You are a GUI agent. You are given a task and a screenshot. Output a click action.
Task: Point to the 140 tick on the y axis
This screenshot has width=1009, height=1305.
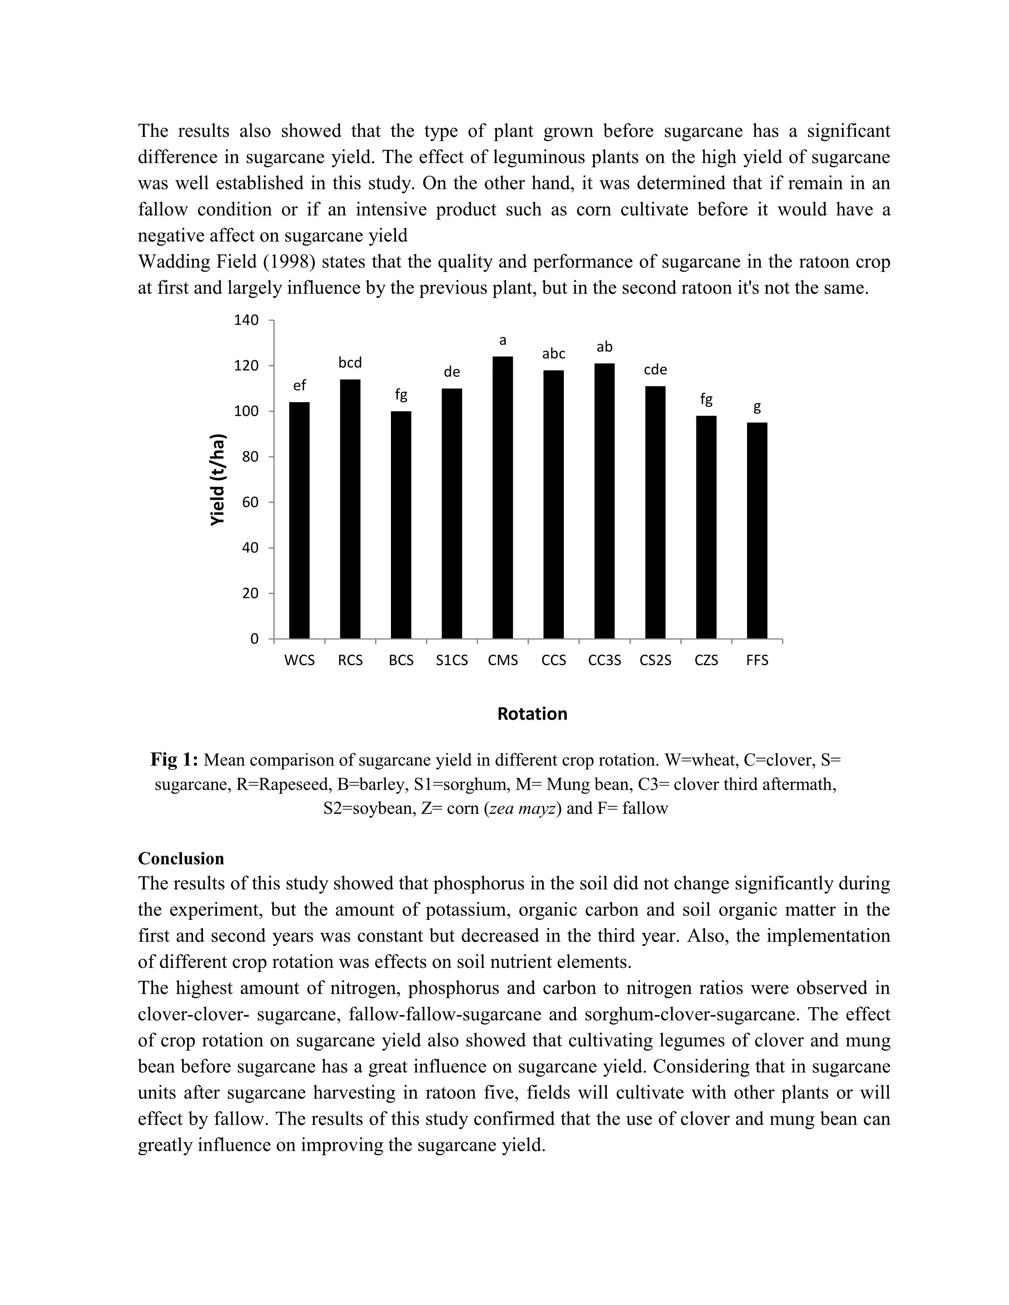pos(246,320)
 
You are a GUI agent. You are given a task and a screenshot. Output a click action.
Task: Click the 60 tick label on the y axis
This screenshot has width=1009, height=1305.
pos(250,503)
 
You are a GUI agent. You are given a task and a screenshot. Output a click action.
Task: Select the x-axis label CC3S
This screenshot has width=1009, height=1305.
pos(604,660)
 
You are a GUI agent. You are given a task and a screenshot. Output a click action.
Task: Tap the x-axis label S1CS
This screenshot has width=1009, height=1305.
pos(452,660)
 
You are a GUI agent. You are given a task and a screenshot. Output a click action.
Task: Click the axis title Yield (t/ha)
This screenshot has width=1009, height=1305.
pos(218,479)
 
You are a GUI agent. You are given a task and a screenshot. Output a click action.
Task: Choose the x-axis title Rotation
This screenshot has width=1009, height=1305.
pos(532,714)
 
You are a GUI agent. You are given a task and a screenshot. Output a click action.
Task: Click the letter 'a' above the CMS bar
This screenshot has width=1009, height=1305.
pos(503,340)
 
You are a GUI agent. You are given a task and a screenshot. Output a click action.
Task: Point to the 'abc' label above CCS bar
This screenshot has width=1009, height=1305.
pos(554,354)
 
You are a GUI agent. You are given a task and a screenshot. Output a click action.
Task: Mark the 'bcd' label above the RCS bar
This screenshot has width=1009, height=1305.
pos(350,363)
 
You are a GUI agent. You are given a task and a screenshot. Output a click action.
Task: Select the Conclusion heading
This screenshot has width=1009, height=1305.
pos(181,859)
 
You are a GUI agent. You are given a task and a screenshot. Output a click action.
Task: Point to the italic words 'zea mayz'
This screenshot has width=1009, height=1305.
pos(523,808)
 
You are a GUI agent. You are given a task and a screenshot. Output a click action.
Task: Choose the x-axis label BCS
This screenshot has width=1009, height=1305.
pos(401,660)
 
